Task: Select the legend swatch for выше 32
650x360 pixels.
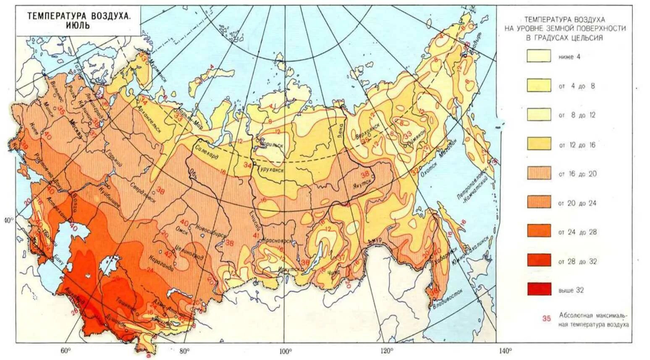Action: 539,289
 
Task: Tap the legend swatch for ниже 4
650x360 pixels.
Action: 539,56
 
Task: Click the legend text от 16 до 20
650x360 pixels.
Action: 577,174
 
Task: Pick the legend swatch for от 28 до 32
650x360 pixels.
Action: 539,260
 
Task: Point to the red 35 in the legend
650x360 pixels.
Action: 546,318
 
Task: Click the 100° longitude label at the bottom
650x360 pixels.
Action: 285,351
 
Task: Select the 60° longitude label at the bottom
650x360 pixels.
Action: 66,351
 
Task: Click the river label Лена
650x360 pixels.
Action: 341,130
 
